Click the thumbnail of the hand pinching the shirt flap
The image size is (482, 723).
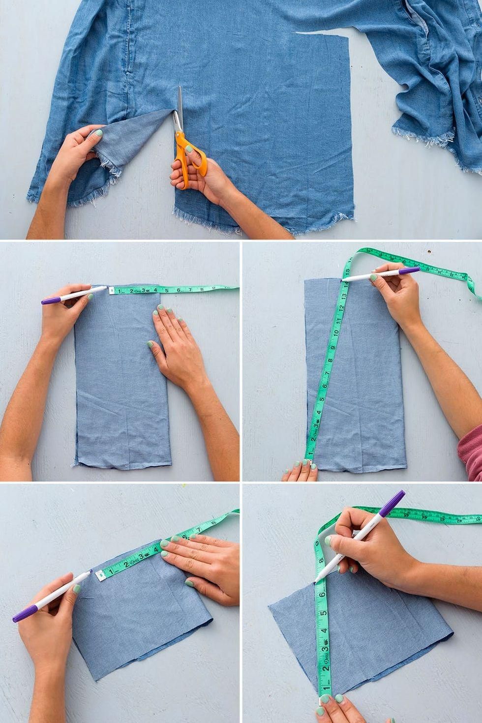(98, 133)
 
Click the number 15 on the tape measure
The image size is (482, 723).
(347, 271)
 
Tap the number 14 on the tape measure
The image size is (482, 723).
(345, 284)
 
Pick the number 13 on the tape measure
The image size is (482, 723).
(343, 299)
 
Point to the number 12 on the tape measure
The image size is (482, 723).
(340, 311)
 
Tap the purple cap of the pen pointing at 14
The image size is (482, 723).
(408, 270)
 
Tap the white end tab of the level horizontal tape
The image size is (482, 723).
(111, 291)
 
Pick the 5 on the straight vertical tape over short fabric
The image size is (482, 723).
(325, 613)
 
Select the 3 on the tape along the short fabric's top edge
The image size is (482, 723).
(142, 556)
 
